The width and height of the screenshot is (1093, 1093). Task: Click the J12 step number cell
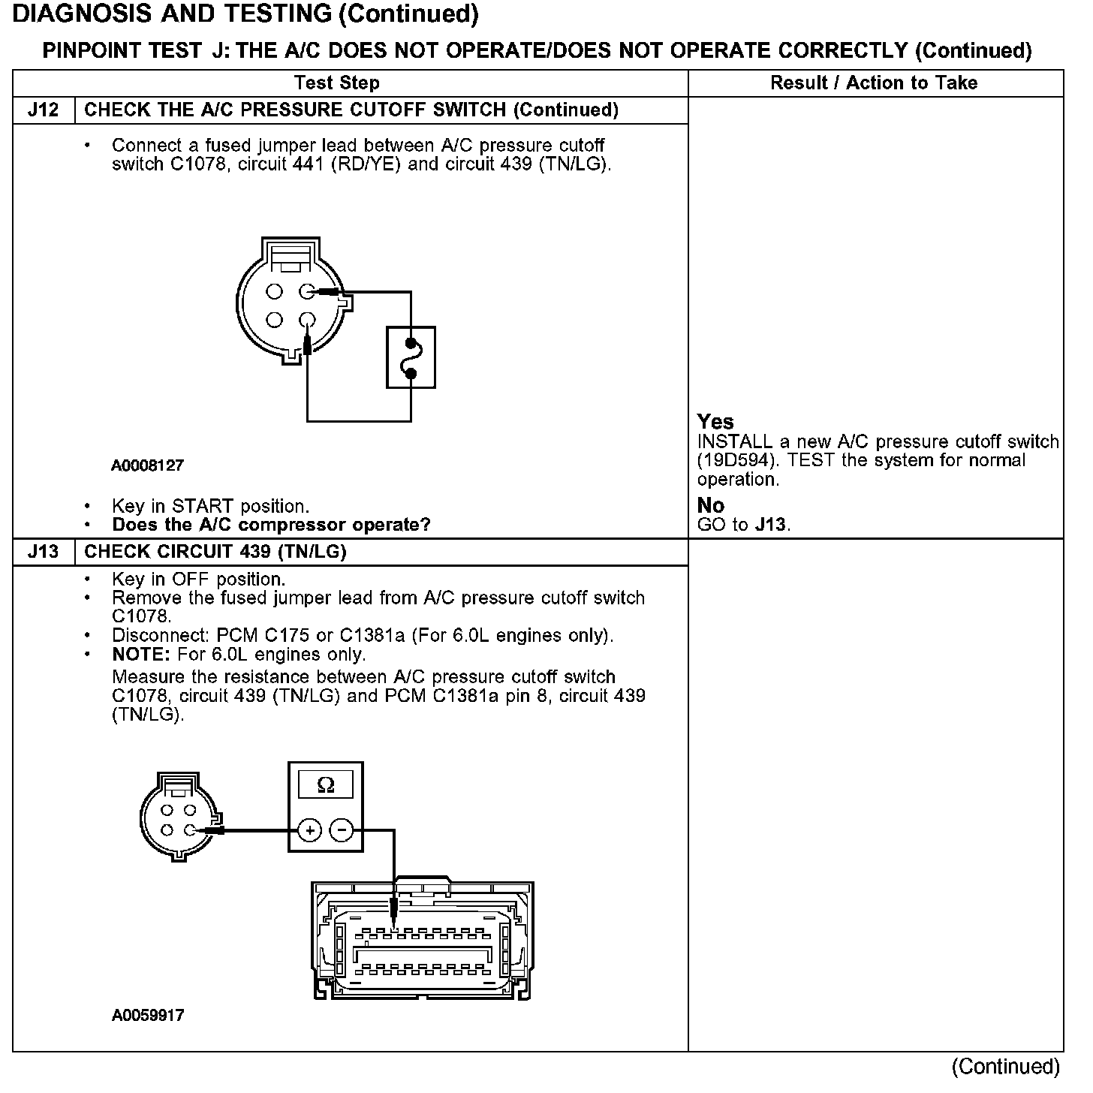(43, 110)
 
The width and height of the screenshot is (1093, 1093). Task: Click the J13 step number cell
(43, 552)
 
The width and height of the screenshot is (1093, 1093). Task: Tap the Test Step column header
(337, 83)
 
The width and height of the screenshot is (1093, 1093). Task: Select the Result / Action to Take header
(874, 83)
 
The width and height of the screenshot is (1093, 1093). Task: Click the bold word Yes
(715, 422)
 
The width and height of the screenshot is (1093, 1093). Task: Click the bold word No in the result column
(710, 506)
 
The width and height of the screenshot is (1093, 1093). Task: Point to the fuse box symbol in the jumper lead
(411, 357)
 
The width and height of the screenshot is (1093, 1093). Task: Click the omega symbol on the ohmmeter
(326, 785)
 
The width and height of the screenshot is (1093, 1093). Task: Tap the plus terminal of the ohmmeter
(309, 830)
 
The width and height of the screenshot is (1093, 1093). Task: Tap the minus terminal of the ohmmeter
(342, 830)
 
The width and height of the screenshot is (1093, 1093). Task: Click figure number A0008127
(147, 465)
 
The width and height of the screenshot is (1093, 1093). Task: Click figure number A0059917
(147, 1016)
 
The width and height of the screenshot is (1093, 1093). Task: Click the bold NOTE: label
(142, 654)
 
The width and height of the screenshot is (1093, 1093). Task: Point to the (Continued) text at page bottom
(1005, 1067)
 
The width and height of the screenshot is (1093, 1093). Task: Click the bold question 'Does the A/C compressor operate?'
(271, 525)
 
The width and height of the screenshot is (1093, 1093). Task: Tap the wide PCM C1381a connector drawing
(423, 941)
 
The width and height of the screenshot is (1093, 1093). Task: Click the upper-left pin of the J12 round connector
(274, 291)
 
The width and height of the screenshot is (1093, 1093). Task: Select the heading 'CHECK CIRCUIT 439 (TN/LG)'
(215, 552)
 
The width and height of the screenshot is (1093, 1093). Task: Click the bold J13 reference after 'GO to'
(771, 525)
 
